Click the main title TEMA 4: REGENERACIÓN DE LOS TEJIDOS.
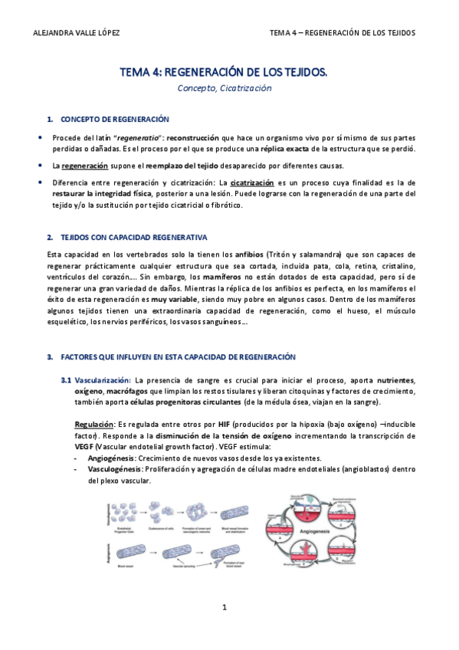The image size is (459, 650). tap(223, 72)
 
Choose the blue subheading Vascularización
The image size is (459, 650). tap(96, 380)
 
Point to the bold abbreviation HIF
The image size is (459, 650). tap(224, 424)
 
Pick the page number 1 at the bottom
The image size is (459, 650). tap(225, 608)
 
